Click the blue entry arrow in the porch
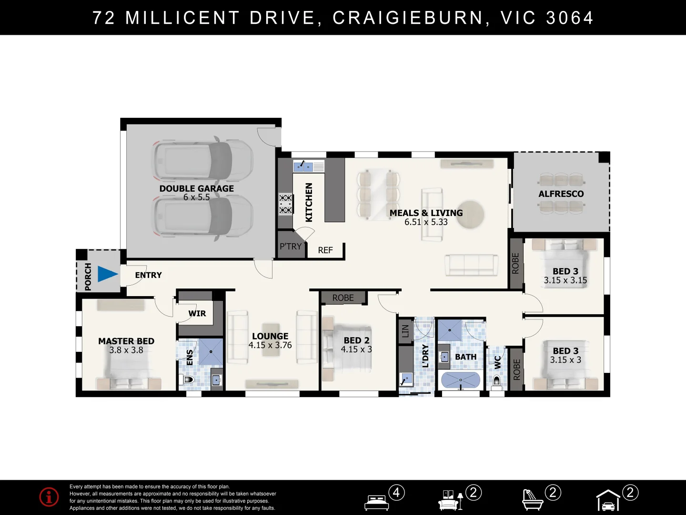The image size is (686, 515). point(108,274)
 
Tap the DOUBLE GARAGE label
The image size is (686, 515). point(196,188)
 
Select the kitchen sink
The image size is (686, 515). point(303,166)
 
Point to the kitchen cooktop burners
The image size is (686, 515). point(285,204)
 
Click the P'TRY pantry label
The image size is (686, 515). point(291,247)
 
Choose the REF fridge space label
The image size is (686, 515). point(325,250)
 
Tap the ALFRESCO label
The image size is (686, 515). point(561,194)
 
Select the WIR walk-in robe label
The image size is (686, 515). point(197,313)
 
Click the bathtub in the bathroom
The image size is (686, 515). point(460,380)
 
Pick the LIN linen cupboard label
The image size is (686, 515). point(405,330)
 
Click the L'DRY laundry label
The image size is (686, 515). point(425,356)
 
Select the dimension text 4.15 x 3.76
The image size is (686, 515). point(270,345)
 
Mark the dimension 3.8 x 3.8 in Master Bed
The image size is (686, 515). point(126,350)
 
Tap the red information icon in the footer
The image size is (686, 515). point(49,497)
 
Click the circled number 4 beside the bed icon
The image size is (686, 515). point(396,492)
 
